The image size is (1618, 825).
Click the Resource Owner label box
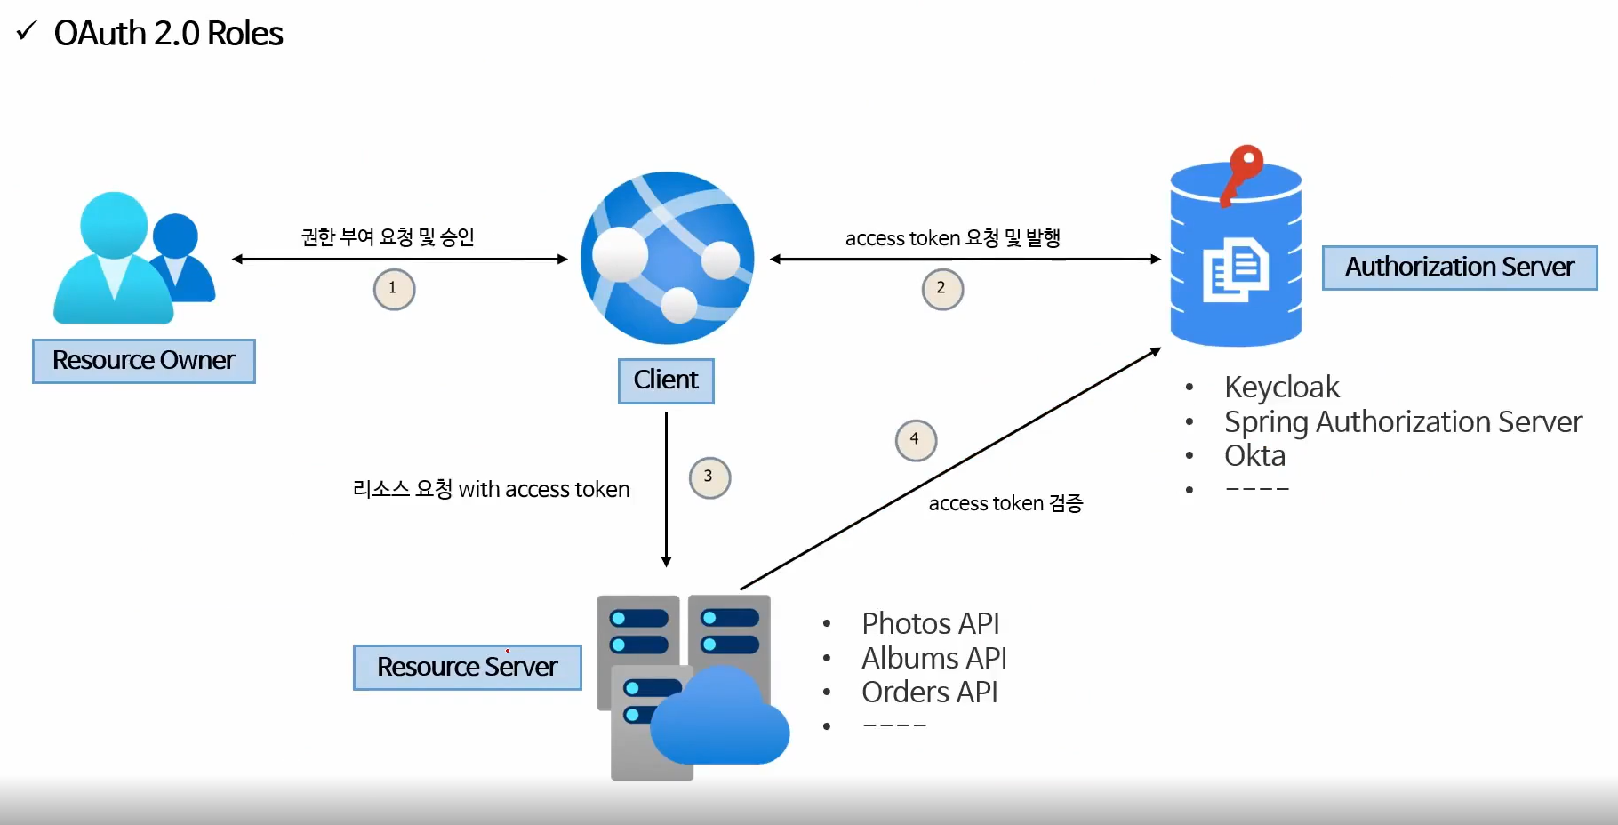click(x=144, y=361)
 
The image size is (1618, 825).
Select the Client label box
click(x=666, y=380)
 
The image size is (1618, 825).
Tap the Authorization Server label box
click(x=1459, y=268)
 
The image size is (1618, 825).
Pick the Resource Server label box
click(x=468, y=668)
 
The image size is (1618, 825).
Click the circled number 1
click(x=394, y=289)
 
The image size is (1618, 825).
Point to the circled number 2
click(x=942, y=289)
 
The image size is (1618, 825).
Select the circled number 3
click(x=709, y=477)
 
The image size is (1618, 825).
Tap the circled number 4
click(x=916, y=440)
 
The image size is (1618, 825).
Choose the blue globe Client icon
click(x=667, y=258)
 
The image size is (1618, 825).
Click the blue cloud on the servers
click(x=720, y=718)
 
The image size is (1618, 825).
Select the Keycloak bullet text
click(x=1281, y=388)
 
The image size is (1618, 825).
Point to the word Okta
click(x=1254, y=456)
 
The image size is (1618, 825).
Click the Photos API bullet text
click(x=930, y=624)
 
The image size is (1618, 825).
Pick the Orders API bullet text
click(x=929, y=693)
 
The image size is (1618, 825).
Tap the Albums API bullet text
click(x=933, y=659)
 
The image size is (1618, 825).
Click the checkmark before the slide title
click(x=27, y=32)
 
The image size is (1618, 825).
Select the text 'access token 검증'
click(x=1005, y=504)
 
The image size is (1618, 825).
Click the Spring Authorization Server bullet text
click(x=1403, y=422)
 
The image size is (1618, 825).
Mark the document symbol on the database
click(x=1235, y=269)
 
